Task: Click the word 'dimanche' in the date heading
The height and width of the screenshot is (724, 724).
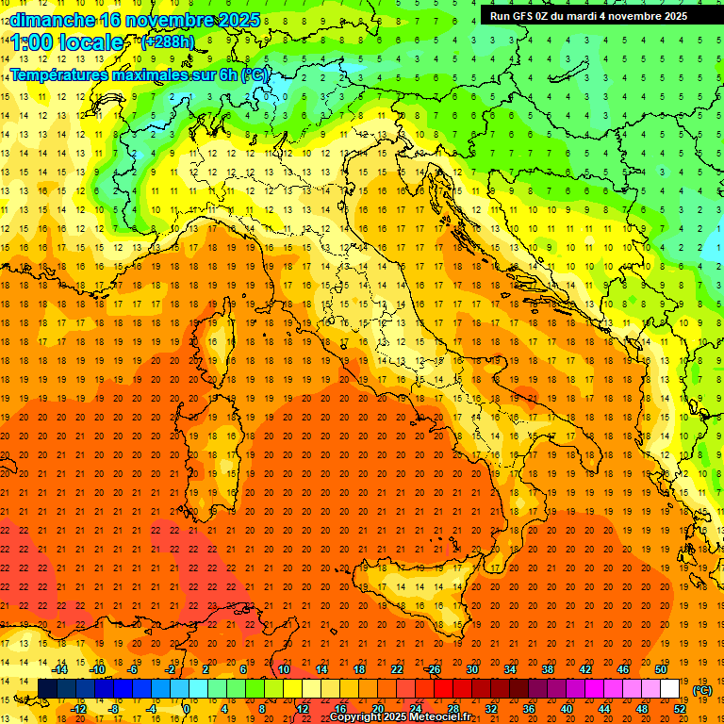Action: (x=53, y=20)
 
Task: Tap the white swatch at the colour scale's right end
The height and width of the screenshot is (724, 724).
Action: (x=670, y=688)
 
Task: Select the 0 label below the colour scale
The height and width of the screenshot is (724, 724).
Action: (x=187, y=708)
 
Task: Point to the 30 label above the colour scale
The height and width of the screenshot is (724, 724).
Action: (x=471, y=669)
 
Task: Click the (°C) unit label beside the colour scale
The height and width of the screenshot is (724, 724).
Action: (x=702, y=690)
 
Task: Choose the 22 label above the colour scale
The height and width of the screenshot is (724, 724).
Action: (x=396, y=669)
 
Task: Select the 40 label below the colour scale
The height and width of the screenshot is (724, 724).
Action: (x=567, y=708)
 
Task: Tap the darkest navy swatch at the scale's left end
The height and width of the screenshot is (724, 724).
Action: (x=47, y=688)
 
